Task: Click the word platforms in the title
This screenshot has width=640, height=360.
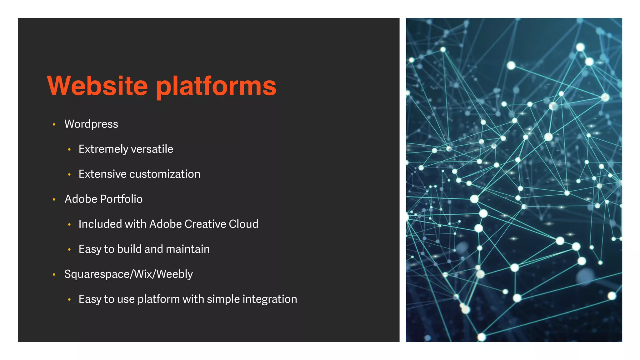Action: point(216,86)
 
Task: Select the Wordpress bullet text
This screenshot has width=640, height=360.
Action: point(91,124)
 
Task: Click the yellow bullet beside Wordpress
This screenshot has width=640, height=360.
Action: point(54,125)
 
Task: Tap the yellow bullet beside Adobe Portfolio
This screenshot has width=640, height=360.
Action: point(54,200)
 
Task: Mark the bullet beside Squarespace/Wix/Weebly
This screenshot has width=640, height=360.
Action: point(54,275)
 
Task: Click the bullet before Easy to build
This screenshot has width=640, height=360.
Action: point(69,250)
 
